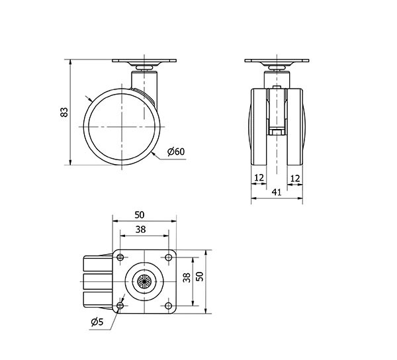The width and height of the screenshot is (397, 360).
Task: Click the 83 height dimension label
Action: (64, 112)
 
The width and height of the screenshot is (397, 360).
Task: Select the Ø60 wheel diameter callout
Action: (176, 152)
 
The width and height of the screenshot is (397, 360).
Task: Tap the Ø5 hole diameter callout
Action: (97, 322)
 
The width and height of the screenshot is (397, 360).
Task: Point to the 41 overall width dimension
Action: (277, 193)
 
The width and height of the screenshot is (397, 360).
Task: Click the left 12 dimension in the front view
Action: (259, 178)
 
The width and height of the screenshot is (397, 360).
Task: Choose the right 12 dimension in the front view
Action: (295, 179)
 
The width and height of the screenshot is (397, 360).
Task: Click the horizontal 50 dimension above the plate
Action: (140, 215)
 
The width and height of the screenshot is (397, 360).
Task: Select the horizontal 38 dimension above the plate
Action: (140, 230)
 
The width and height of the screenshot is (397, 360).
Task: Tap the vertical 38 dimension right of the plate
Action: (187, 277)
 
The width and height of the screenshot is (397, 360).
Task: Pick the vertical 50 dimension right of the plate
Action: (200, 276)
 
